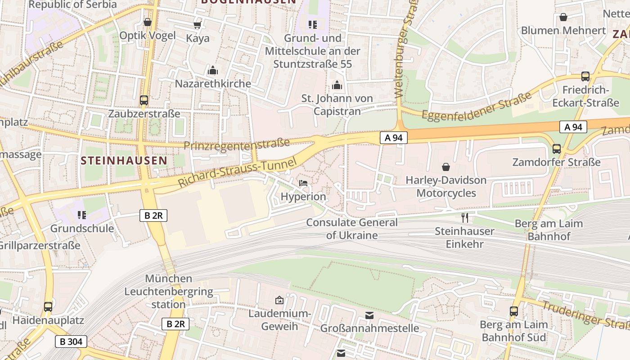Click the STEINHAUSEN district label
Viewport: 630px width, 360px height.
tap(124, 160)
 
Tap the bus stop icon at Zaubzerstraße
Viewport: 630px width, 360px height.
tap(144, 100)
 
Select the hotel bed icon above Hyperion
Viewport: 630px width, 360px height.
tap(303, 183)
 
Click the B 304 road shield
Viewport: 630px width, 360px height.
tap(71, 342)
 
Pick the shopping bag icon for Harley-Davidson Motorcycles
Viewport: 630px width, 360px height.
tap(446, 167)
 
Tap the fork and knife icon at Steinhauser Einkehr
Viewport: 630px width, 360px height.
tap(465, 218)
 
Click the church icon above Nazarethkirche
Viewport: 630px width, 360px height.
tap(213, 71)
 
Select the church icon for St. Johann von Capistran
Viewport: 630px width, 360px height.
tap(337, 85)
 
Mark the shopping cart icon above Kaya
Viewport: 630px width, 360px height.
tap(198, 25)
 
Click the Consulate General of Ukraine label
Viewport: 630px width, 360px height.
tap(352, 229)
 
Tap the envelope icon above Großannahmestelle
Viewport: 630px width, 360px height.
tap(369, 315)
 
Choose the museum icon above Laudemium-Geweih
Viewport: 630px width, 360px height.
tap(279, 300)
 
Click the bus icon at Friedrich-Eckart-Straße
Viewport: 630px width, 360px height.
tap(585, 76)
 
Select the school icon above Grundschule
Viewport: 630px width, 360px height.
tap(81, 215)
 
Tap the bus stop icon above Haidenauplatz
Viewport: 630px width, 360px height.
tap(48, 307)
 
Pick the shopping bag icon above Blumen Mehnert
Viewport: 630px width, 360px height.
tap(563, 18)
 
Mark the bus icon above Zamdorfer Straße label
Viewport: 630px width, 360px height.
tap(557, 149)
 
